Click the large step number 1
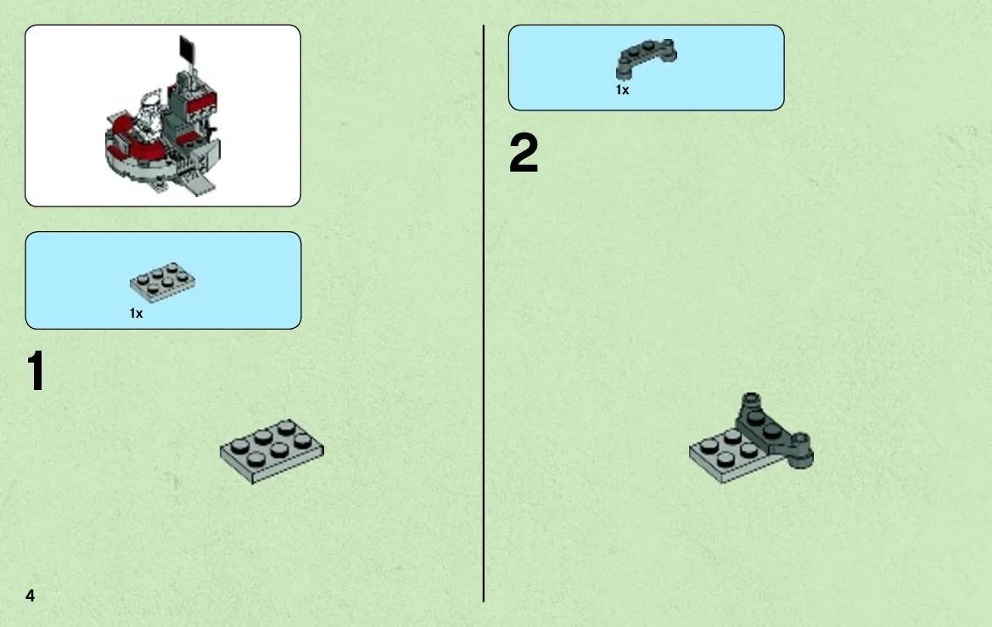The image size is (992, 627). [36, 370]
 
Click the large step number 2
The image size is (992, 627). [524, 153]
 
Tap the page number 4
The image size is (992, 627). [30, 596]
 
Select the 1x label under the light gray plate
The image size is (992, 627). [136, 313]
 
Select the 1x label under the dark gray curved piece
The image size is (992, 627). [623, 90]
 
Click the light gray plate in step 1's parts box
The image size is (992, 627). [163, 282]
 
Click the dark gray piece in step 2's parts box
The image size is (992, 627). [645, 56]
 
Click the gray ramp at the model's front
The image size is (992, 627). [198, 184]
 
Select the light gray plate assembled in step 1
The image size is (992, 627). [272, 451]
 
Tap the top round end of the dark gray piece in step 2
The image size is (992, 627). [751, 399]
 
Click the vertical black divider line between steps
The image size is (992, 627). [484, 313]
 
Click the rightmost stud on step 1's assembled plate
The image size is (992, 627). [303, 440]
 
